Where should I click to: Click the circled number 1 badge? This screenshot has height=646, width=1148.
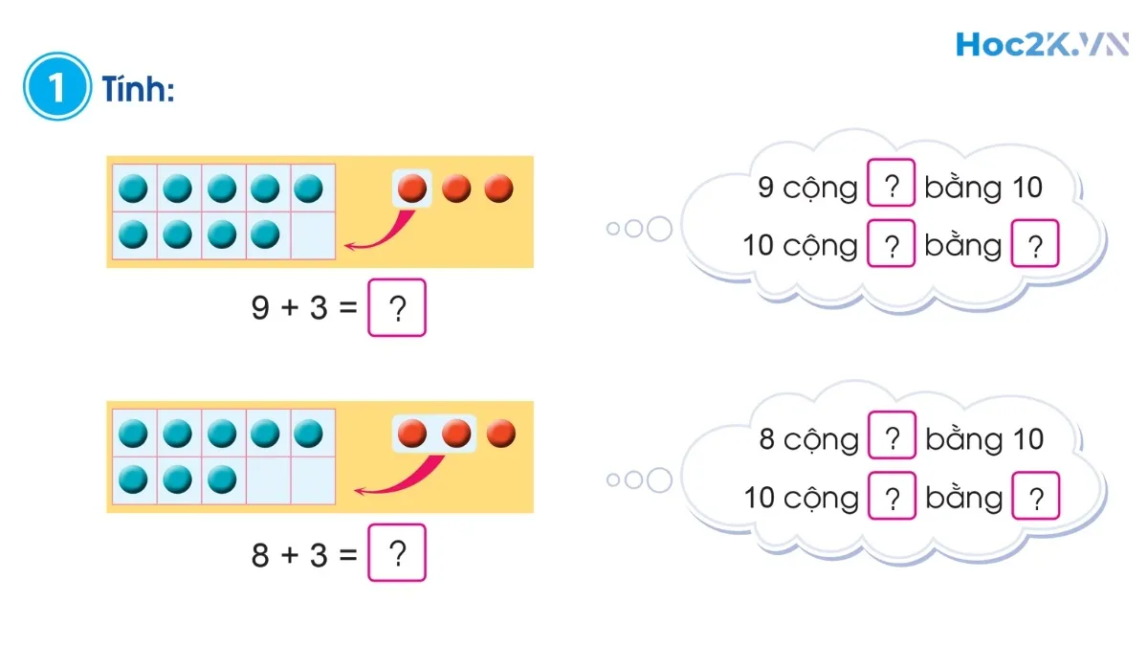[56, 87]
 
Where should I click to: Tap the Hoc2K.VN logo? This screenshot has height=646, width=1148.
[1041, 44]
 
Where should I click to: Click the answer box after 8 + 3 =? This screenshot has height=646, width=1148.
[397, 554]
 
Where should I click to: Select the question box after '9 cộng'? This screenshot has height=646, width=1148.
[892, 186]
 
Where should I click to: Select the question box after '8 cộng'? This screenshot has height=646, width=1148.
[892, 438]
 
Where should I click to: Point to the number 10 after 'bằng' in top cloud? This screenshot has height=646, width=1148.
[1027, 187]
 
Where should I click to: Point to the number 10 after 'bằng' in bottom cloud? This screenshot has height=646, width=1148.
[1027, 439]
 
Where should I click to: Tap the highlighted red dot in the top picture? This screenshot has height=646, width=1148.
[412, 189]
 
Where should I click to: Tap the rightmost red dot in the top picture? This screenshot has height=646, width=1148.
[498, 189]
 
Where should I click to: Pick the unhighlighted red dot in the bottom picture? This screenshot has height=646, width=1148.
[500, 434]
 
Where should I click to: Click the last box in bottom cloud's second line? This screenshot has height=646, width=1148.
[1035, 498]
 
